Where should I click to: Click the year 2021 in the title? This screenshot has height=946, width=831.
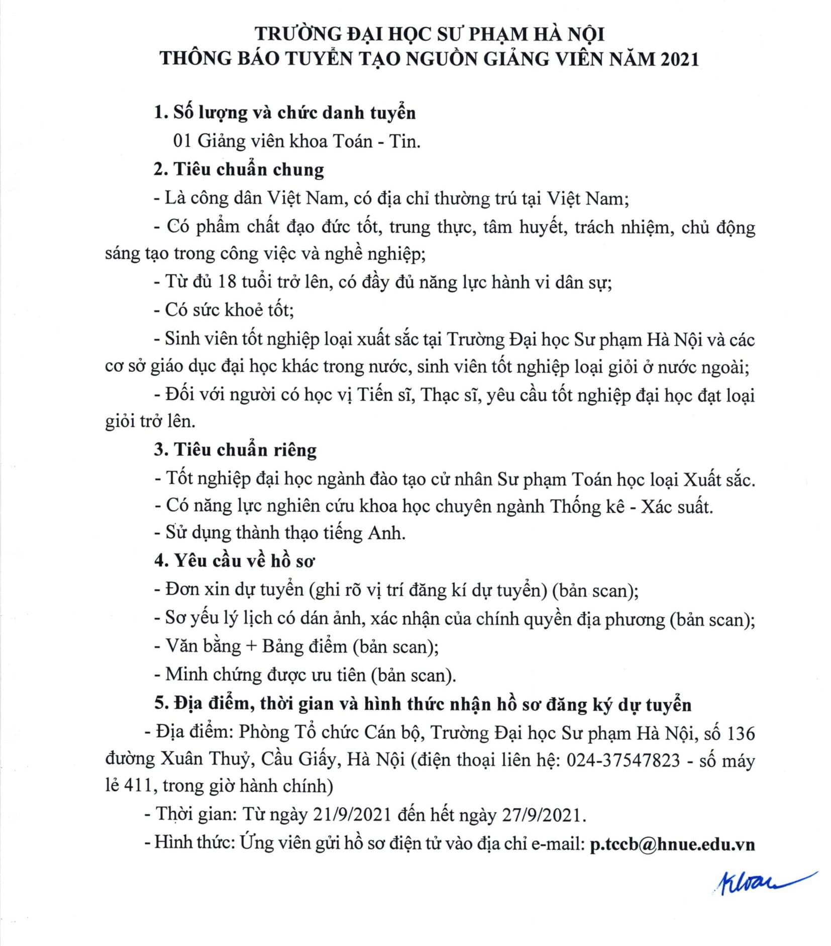tap(679, 59)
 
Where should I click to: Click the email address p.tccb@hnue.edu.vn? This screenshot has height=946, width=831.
tap(672, 843)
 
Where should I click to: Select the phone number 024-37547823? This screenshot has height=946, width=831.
tap(623, 760)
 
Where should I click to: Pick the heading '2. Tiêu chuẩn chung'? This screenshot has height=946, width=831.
tap(239, 169)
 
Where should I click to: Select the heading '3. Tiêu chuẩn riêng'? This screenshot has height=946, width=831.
tap(236, 449)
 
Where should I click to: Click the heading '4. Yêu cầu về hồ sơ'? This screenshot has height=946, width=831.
tap(235, 560)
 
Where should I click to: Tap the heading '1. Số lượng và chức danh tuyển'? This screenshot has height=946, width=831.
tap(285, 113)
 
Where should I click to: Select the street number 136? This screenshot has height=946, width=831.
tap(741, 733)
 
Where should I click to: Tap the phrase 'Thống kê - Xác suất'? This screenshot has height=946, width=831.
tap(631, 506)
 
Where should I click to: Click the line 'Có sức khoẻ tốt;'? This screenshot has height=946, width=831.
tap(224, 310)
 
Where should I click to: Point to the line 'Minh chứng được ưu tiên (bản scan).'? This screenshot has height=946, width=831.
tap(305, 675)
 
